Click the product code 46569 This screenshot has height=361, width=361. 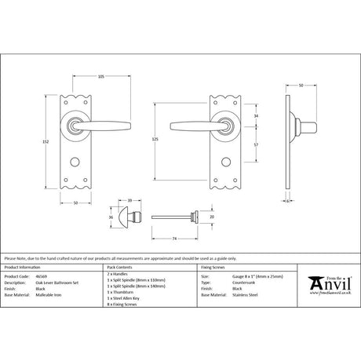43,277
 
